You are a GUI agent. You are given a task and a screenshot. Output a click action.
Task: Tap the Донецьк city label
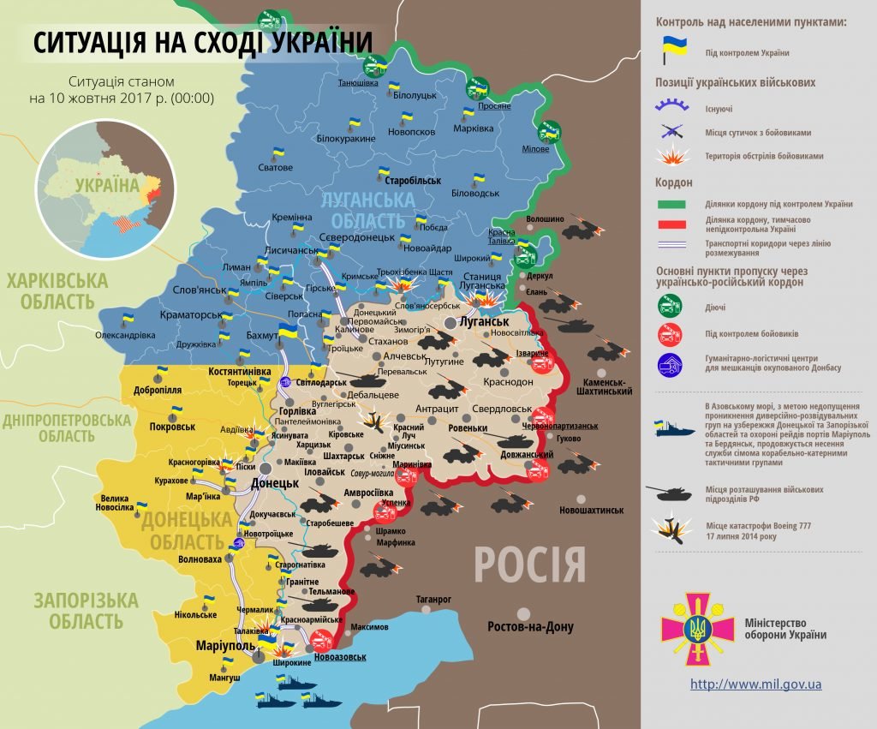pyautogui.click(x=274, y=482)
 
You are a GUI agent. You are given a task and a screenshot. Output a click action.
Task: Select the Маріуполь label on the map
pyautogui.click(x=224, y=644)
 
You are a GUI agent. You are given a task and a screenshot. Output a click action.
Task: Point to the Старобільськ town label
pyautogui.click(x=413, y=182)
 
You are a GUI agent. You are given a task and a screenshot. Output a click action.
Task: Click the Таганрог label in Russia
pyautogui.click(x=433, y=600)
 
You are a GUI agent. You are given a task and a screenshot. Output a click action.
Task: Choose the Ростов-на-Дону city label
pyautogui.click(x=530, y=626)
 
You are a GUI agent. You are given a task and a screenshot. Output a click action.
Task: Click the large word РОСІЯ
pyautogui.click(x=529, y=565)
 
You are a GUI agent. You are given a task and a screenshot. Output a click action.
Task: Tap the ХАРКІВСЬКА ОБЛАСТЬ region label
pyautogui.click(x=58, y=290)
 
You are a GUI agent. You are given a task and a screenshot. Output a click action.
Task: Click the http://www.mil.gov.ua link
pyautogui.click(x=755, y=684)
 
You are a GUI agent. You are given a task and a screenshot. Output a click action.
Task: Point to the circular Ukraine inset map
pyautogui.click(x=105, y=188)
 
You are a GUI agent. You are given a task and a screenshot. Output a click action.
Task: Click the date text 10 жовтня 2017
pyautogui.click(x=122, y=98)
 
